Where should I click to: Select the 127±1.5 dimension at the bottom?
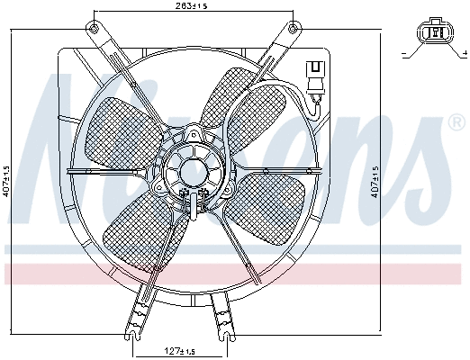[179, 350]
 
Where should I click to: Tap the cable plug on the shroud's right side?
[314, 75]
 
